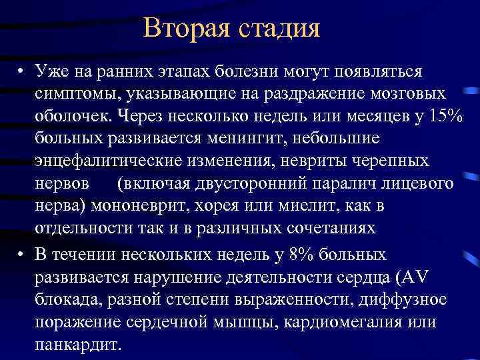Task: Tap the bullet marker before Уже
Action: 22,71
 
